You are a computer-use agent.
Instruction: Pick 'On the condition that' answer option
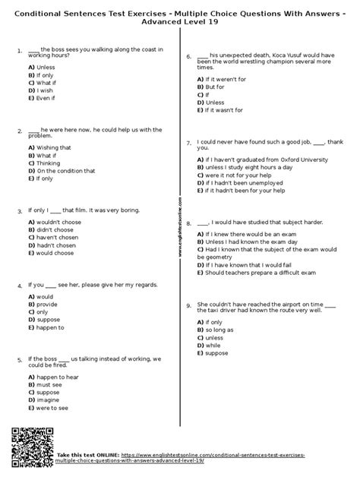[x=61, y=171]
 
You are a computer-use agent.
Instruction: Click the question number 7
[x=188, y=142]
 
